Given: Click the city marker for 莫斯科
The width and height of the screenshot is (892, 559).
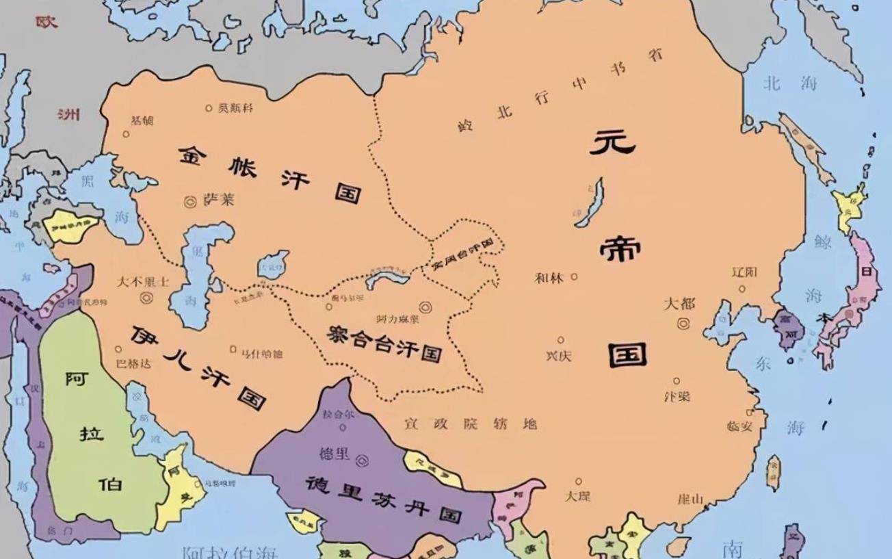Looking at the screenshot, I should tap(209, 108).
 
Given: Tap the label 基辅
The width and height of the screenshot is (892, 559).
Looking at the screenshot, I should tap(142, 120).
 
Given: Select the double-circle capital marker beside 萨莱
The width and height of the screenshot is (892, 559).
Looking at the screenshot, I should tap(191, 201).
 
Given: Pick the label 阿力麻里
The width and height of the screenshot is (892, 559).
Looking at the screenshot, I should tap(397, 319).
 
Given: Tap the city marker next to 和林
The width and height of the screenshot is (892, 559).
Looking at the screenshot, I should tap(574, 276).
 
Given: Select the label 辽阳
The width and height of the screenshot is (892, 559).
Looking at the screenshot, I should tap(745, 272).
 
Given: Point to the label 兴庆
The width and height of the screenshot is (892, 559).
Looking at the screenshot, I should tap(558, 355).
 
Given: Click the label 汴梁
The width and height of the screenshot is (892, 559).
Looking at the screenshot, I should tap(677, 396).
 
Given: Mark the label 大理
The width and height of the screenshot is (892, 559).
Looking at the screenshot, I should tap(578, 496).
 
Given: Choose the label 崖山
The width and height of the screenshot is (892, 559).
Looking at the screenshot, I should tap(690, 499).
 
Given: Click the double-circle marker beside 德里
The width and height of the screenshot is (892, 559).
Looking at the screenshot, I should tap(362, 460).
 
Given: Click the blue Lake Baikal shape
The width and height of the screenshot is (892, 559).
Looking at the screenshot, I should tap(590, 203).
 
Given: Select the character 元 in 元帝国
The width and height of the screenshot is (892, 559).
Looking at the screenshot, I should tap(613, 143).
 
